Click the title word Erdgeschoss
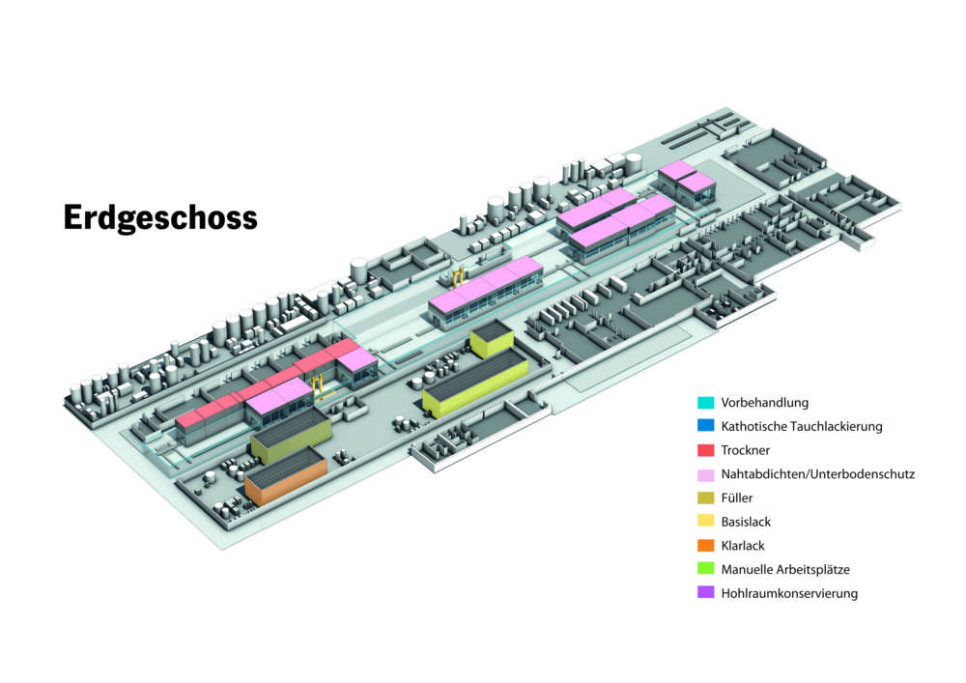pyautogui.click(x=160, y=217)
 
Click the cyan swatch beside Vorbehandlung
pyautogui.click(x=705, y=402)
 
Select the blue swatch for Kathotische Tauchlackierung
pyautogui.click(x=705, y=426)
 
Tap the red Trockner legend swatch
pyautogui.click(x=705, y=450)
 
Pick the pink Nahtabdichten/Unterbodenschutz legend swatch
pyautogui.click(x=705, y=474)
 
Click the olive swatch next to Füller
pyautogui.click(x=705, y=498)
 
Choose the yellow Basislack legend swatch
pyautogui.click(x=705, y=522)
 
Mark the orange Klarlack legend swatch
pyautogui.click(x=705, y=546)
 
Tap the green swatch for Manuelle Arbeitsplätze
pyautogui.click(x=705, y=569)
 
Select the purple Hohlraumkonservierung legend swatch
pyautogui.click(x=705, y=593)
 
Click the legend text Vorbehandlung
pyautogui.click(x=764, y=402)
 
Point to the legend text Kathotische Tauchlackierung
pyautogui.click(x=801, y=426)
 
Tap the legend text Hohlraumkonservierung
pyautogui.click(x=788, y=593)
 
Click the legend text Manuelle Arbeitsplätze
pyautogui.click(x=785, y=569)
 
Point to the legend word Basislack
pyautogui.click(x=746, y=522)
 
